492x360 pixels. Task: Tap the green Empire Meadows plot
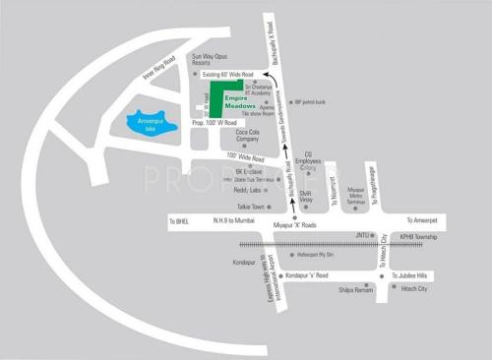point(228,98)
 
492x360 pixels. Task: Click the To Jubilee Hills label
point(420,275)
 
